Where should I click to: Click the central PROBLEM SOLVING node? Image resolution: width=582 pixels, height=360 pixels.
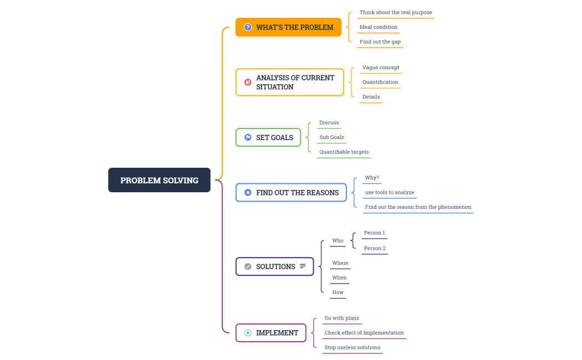pos(159,180)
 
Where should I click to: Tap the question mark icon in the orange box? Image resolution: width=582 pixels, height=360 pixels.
pos(248,27)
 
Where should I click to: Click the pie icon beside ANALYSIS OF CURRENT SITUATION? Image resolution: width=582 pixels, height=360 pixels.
pos(248,82)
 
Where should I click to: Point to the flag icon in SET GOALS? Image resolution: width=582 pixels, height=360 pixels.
pos(248,137)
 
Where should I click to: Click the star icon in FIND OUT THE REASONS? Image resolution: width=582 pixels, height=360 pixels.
pos(248,193)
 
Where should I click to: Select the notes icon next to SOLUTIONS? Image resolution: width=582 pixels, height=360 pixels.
pos(303,266)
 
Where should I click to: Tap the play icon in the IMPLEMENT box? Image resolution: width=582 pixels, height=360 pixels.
pos(248,333)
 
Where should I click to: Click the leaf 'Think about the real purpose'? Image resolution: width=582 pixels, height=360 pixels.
pos(395,12)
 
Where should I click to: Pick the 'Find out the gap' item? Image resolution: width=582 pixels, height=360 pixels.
pos(380,42)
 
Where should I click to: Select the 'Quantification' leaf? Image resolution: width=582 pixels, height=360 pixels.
pos(380,82)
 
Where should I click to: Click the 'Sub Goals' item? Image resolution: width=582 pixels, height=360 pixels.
pos(331,137)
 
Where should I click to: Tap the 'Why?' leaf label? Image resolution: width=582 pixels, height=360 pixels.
pos(372,178)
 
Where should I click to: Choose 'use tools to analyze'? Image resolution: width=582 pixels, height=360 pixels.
pos(389,192)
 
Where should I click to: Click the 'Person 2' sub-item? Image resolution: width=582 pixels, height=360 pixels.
pos(374,248)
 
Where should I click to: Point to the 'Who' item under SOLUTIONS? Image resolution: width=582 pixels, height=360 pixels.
pos(338,240)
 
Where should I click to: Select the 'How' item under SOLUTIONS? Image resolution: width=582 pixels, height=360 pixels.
pos(338,292)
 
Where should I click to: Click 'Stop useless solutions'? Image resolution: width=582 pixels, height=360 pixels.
pos(352,347)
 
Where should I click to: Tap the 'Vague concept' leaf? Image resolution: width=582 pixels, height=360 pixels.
pos(380,68)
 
